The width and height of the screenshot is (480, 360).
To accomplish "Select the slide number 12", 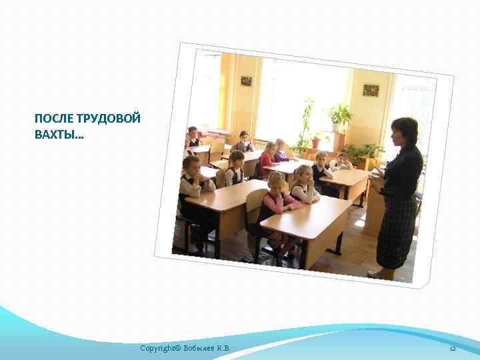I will tap(451, 349).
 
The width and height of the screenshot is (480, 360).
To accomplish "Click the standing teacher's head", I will tap(404, 131).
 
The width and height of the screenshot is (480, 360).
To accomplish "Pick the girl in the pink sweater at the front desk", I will tap(275, 197).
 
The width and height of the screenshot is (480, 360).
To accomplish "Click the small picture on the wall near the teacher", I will tap(371, 90).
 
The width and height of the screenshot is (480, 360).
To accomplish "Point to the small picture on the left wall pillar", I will tap(246, 81).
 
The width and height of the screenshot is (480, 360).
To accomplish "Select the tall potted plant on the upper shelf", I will tap(341, 116).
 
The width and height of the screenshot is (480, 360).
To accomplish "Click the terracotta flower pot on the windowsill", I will tap(316, 143).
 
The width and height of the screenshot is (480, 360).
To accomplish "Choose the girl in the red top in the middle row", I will tap(268, 160).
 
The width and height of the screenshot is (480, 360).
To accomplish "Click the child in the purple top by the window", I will tap(280, 152).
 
